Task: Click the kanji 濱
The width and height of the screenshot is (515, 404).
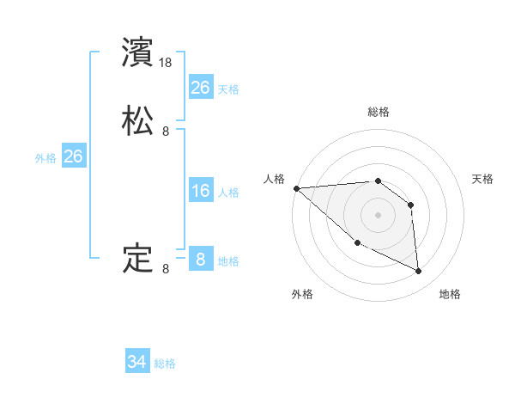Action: (x=138, y=52)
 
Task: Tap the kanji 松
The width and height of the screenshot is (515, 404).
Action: (x=138, y=121)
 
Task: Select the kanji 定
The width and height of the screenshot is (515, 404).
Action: (x=138, y=258)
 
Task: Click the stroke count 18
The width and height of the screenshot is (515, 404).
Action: (x=167, y=64)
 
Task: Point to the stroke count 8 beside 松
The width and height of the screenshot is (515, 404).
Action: (x=166, y=132)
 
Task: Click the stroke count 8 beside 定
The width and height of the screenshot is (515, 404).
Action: (x=166, y=269)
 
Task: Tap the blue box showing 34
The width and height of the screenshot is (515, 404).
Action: (x=137, y=363)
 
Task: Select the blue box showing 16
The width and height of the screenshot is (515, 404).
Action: (x=200, y=191)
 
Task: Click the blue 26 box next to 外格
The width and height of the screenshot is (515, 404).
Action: (x=73, y=156)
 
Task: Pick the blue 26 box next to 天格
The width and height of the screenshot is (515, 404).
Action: (x=200, y=88)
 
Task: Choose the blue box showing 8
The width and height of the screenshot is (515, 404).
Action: (x=200, y=260)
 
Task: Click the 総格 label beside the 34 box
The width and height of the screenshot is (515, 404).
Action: (x=165, y=364)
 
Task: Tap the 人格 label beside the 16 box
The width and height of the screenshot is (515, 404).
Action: (x=228, y=193)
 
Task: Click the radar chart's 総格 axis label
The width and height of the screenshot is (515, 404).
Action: (x=379, y=112)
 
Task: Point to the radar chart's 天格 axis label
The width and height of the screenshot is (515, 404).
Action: (x=482, y=179)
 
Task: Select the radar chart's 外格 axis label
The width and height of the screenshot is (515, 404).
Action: (x=302, y=294)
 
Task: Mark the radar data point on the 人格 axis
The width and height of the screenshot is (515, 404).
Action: (x=296, y=187)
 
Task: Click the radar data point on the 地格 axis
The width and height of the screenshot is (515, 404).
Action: (x=419, y=272)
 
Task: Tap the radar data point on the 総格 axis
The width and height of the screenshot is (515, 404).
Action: (x=378, y=181)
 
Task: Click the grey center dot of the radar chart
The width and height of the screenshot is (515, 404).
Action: (x=378, y=215)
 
